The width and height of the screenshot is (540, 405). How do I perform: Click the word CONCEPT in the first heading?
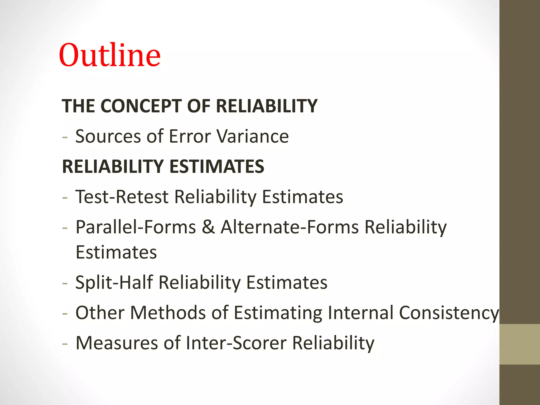pyautogui.click(x=141, y=106)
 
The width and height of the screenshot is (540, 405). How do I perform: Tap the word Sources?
pyautogui.click(x=108, y=136)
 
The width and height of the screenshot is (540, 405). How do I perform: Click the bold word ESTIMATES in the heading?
pyautogui.click(x=216, y=167)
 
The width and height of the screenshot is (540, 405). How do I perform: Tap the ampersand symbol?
pyautogui.click(x=208, y=227)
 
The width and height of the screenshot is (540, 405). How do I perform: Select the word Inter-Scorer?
pyautogui.click(x=236, y=343)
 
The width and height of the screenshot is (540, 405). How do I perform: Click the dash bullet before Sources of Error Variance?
pyautogui.click(x=65, y=137)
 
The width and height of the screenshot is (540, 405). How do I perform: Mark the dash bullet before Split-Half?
pyautogui.click(x=65, y=283)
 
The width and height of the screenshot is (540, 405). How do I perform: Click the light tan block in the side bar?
pyautogui.click(x=519, y=344)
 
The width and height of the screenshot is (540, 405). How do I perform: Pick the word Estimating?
pyautogui.click(x=278, y=313)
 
